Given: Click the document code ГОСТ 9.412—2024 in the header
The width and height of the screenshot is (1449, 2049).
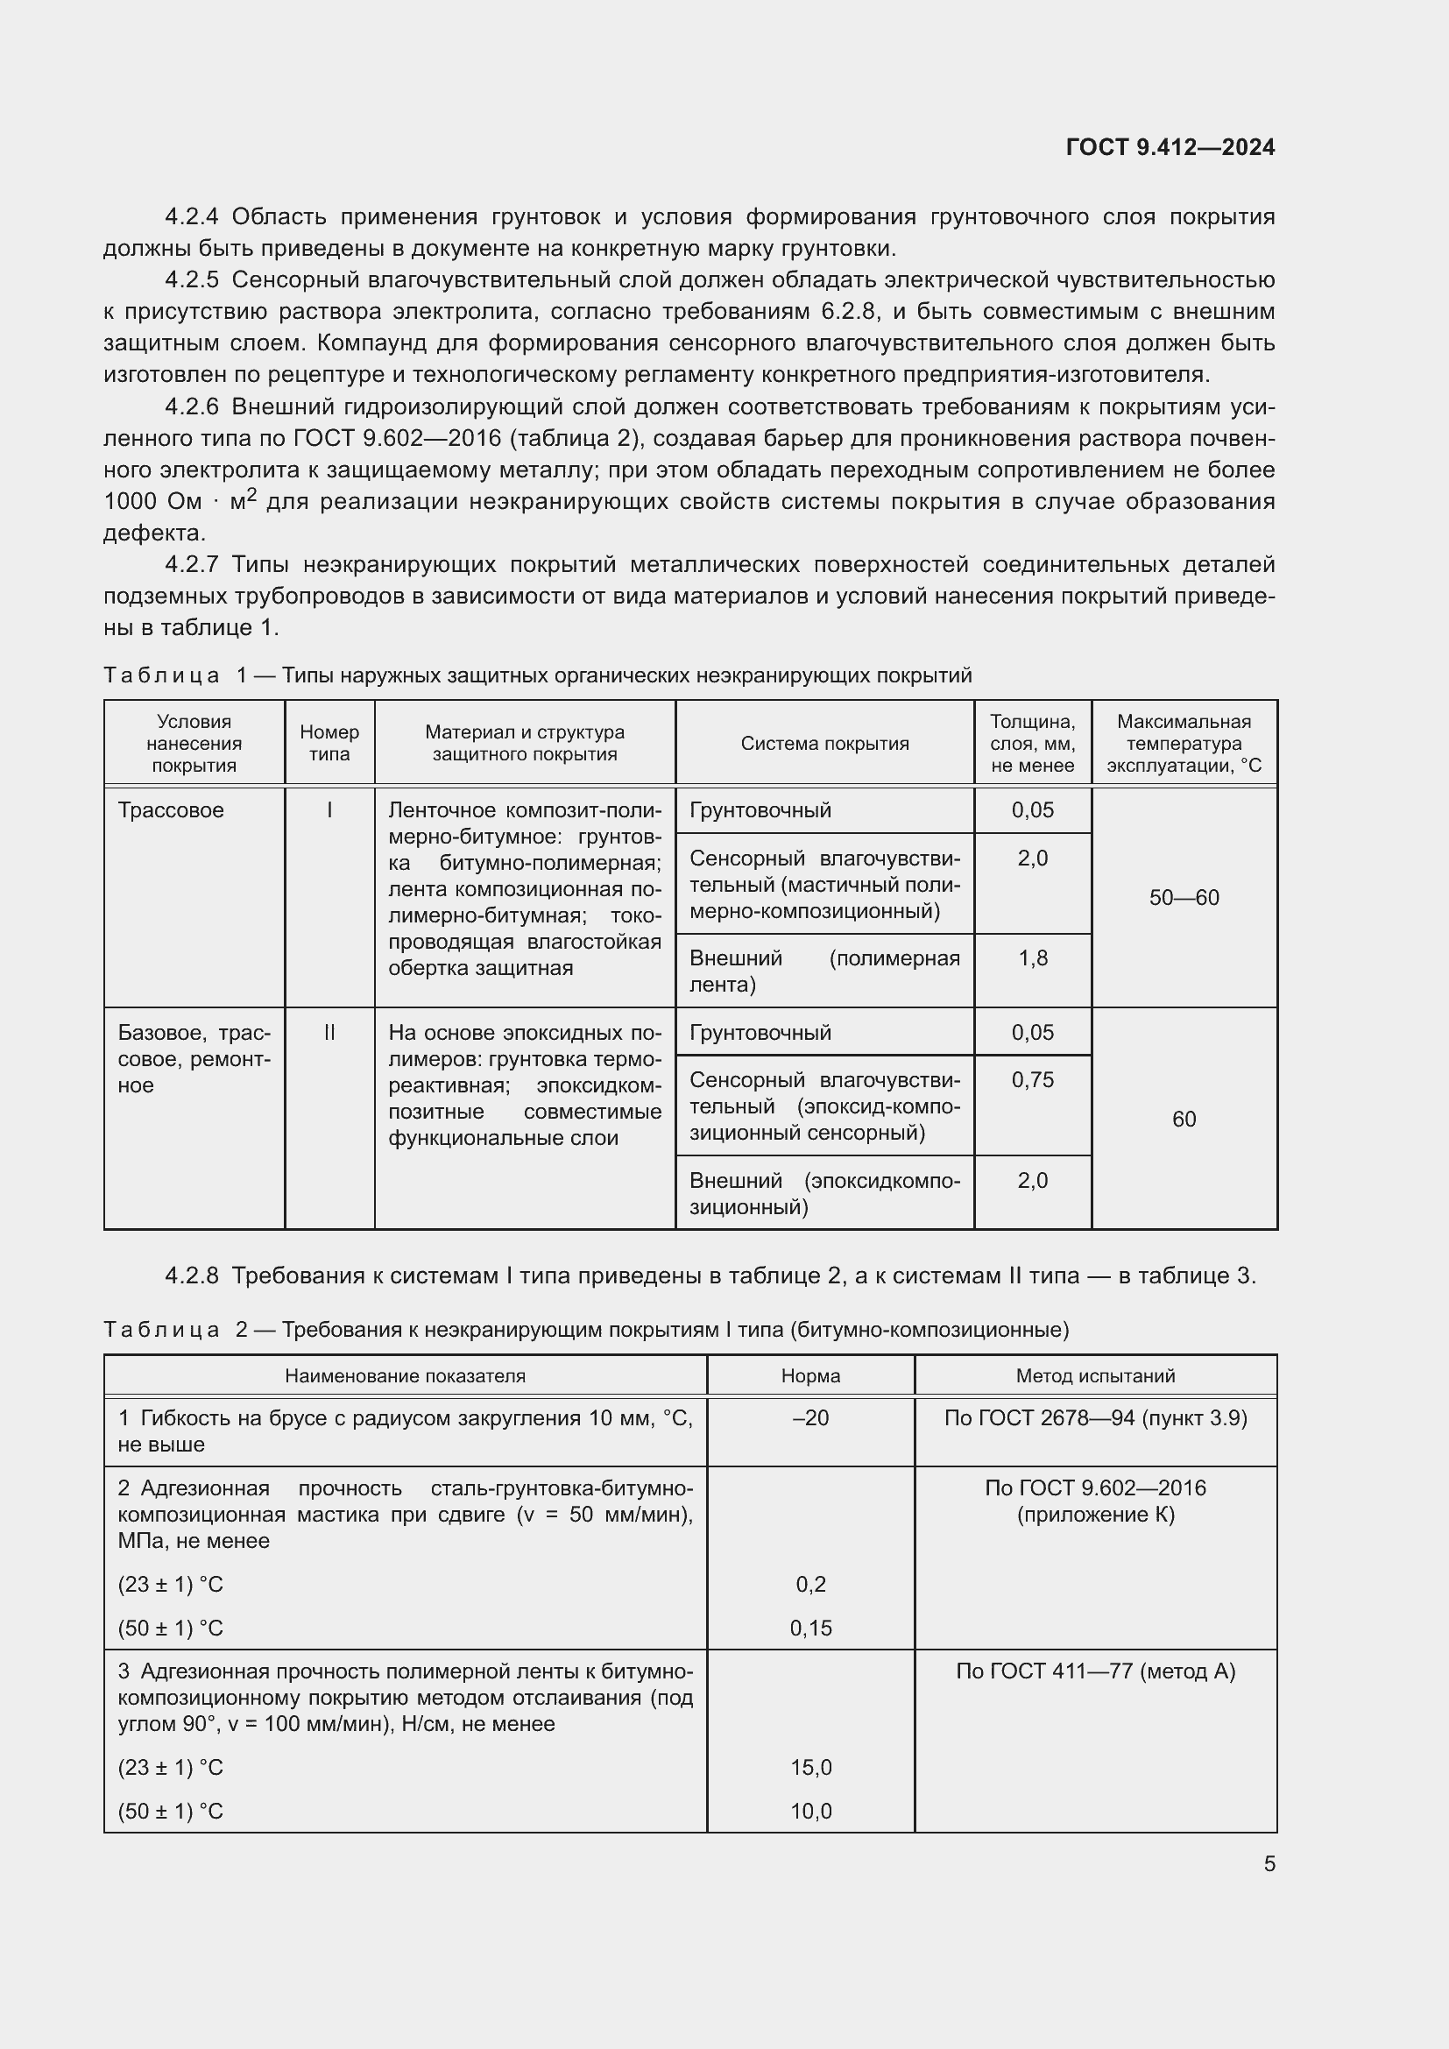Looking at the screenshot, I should click(1170, 147).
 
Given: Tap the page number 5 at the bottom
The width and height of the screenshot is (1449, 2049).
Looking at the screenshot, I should click(1269, 1863).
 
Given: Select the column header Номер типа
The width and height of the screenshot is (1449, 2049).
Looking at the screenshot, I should click(329, 743).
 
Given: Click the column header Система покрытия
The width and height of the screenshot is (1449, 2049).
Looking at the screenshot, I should click(824, 744).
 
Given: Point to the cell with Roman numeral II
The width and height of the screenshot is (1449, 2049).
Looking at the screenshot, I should click(329, 1033).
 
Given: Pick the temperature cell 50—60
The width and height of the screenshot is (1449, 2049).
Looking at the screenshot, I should click(1184, 898).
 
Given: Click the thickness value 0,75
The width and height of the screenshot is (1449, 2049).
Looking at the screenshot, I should click(1032, 1080).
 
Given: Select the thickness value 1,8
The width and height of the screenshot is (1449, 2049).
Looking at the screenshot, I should click(1032, 958).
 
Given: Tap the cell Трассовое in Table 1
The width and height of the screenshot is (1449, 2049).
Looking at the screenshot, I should click(172, 810).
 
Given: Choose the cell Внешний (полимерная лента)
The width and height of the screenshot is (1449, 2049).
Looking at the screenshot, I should click(824, 971).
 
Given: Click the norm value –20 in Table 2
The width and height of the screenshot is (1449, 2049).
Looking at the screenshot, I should click(810, 1418).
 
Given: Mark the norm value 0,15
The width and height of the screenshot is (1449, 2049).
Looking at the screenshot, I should click(810, 1628).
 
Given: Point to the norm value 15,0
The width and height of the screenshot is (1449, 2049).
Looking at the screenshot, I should click(810, 1767).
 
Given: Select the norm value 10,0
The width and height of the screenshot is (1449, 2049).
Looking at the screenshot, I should click(810, 1811).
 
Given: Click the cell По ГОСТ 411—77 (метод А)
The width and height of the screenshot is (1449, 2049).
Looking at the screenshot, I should click(1095, 1671).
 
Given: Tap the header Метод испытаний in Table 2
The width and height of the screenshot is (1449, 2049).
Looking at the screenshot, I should click(1095, 1376).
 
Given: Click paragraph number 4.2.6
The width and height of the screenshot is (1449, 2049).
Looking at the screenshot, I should click(191, 407).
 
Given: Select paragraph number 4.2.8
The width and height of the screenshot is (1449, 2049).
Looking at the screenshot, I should click(191, 1276).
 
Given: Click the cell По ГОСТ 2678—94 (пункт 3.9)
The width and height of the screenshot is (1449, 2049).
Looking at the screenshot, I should click(1095, 1418).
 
